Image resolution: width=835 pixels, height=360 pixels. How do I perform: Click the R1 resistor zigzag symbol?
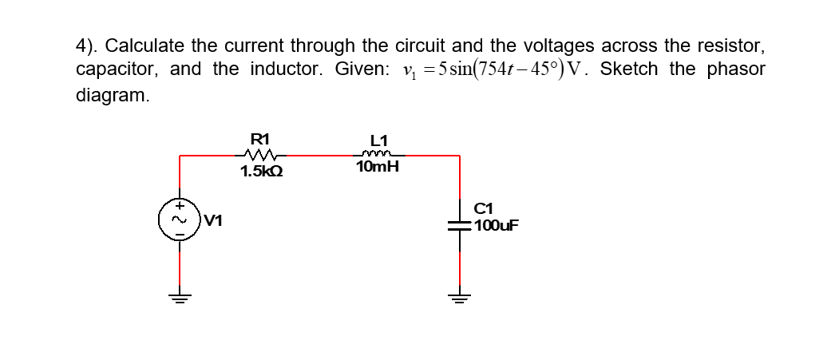(x=261, y=155)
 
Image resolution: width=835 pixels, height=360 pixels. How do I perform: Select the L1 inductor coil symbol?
(x=374, y=155)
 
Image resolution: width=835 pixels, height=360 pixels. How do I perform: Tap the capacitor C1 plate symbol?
(x=460, y=226)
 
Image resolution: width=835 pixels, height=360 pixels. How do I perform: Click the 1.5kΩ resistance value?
(x=262, y=171)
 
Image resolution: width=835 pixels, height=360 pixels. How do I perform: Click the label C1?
(x=485, y=211)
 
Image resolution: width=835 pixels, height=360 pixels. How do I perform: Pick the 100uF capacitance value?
(x=497, y=225)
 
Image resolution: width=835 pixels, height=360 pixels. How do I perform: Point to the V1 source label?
(x=212, y=220)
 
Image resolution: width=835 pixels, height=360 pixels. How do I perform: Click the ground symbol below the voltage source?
(x=179, y=299)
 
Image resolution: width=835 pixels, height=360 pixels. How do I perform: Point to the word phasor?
(x=734, y=69)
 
